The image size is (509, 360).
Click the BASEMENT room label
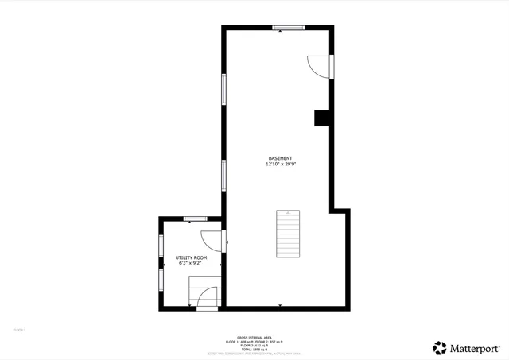tap(280, 158)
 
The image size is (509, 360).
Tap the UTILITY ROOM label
tap(191, 257)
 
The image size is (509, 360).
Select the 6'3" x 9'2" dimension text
tap(191, 264)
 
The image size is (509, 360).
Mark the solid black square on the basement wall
tap(323, 118)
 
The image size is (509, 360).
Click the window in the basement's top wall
tap(288, 28)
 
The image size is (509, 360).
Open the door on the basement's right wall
tap(321, 67)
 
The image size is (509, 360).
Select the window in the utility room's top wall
tap(195, 219)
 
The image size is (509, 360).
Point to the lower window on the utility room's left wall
tap(161, 279)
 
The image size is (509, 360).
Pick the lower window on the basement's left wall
tap(224, 175)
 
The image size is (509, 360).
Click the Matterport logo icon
tap(440, 347)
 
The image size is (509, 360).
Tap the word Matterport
tap(476, 347)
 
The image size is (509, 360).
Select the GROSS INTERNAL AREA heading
tap(254, 337)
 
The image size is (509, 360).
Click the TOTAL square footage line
tap(254, 349)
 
